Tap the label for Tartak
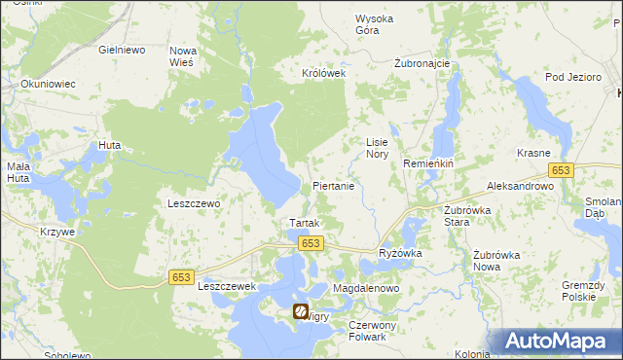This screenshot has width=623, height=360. [x=299, y=223]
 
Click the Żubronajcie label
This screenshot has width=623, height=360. [x=421, y=63]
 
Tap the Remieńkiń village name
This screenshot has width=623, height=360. [x=429, y=164]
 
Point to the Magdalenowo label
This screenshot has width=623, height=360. [x=367, y=290]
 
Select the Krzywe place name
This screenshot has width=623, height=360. [x=57, y=232]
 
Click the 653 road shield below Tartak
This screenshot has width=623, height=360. [x=310, y=243]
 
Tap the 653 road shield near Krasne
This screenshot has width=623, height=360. [x=560, y=170]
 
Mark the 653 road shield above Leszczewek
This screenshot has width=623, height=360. [x=181, y=277]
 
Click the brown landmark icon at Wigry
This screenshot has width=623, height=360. [x=301, y=312]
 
